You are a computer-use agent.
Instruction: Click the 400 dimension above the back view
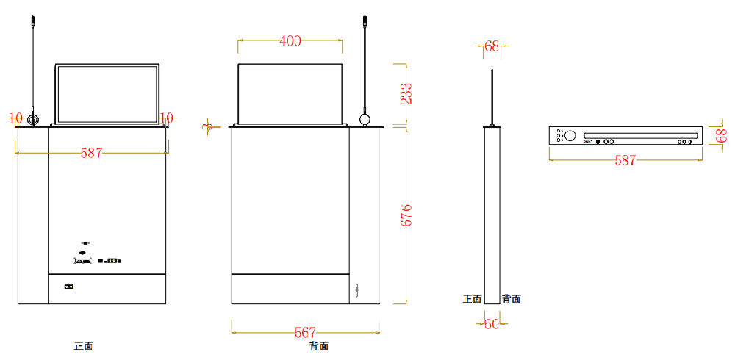pos(290,41)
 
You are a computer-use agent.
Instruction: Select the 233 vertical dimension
pos(406,93)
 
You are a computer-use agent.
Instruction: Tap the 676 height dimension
pos(406,215)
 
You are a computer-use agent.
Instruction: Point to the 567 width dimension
pos(305,333)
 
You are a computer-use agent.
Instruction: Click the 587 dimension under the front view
pos(91,153)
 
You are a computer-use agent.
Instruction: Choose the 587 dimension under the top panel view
pos(625,160)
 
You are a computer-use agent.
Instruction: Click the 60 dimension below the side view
pos(492,323)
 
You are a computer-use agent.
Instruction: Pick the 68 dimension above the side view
pos(492,46)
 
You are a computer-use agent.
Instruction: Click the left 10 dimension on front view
pos(15,118)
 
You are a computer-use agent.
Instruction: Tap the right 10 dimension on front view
pos(167,118)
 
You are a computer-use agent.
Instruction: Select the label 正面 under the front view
pos(83,346)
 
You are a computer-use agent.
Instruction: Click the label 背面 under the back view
pos(318,346)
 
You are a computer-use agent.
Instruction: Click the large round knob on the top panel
pos(570,136)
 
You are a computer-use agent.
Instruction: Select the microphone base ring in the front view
pos(33,120)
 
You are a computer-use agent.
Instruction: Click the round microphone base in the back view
pos(365,119)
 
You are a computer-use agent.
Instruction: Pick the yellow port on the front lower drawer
pos(69,286)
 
